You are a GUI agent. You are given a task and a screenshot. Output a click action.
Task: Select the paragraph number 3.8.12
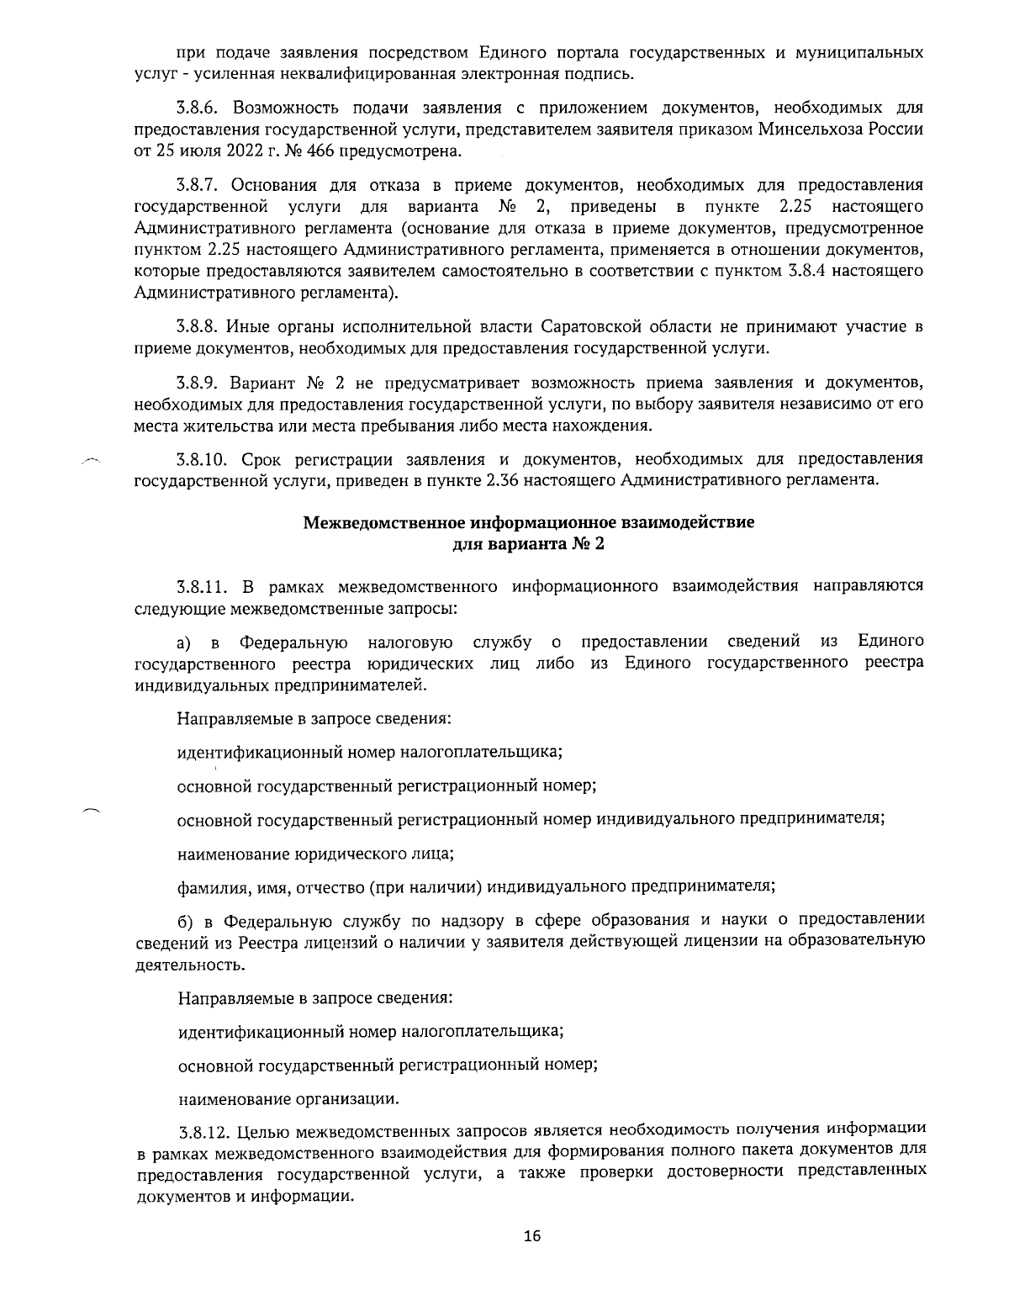coord(204,1129)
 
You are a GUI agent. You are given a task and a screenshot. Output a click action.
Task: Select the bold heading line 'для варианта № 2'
coord(528,543)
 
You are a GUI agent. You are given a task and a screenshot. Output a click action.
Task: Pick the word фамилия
coord(206,886)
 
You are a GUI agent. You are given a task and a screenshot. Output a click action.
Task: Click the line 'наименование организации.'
coord(289,1098)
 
